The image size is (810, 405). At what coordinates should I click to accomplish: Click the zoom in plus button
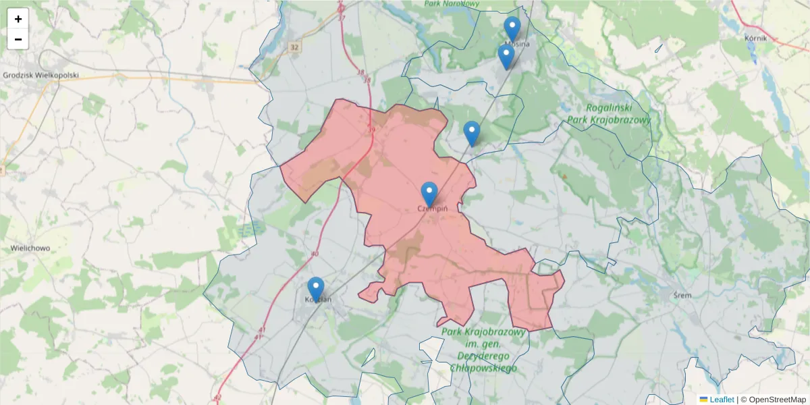coord(18,19)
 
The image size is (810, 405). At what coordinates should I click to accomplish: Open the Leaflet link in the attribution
coord(721,400)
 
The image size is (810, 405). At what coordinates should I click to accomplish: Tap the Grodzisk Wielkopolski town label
coord(41,76)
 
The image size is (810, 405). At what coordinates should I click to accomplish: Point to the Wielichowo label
coord(30,248)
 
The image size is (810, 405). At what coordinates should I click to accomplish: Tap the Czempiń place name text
coord(433,209)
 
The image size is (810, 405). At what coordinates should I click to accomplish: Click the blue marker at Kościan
coord(316,288)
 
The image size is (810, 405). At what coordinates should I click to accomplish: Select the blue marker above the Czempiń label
coord(429,194)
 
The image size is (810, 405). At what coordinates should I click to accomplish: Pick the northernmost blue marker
coord(512,28)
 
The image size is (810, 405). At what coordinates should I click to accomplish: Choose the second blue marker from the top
coord(506,56)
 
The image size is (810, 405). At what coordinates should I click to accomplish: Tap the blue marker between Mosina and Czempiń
coord(472,133)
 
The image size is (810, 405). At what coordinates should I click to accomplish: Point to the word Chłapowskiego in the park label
coord(483,369)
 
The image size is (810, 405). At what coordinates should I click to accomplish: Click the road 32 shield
coord(293,47)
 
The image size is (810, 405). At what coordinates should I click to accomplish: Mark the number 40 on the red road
coord(315,254)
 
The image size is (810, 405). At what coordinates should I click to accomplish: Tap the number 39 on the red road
coord(371,130)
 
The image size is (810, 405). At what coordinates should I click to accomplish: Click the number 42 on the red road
coord(217,397)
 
